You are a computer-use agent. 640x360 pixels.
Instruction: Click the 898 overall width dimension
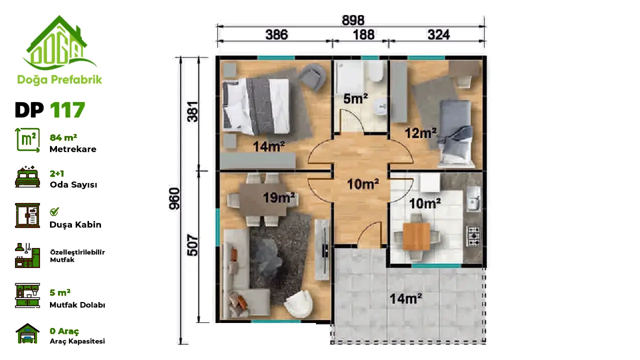353,20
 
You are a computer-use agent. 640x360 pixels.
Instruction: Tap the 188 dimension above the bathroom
363,35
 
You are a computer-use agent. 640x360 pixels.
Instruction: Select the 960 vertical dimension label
174,198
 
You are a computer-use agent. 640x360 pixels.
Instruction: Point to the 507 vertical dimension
192,245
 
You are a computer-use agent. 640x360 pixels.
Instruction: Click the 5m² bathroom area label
355,99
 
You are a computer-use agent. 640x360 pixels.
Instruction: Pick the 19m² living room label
279,197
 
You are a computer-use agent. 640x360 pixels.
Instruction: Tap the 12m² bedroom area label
420,133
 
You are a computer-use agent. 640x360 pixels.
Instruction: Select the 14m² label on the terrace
405,299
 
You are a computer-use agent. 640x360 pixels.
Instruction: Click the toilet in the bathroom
375,71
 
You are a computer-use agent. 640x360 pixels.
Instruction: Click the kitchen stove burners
473,236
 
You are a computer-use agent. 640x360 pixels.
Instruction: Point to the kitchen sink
473,199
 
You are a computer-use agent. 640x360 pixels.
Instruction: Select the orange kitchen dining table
416,236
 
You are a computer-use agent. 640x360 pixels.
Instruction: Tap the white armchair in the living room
297,303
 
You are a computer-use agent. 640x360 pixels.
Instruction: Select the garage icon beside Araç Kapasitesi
27,333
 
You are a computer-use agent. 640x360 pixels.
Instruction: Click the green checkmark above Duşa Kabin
54,211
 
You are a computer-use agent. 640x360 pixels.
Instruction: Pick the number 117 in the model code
67,110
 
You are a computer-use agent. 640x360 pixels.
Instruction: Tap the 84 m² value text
63,137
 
